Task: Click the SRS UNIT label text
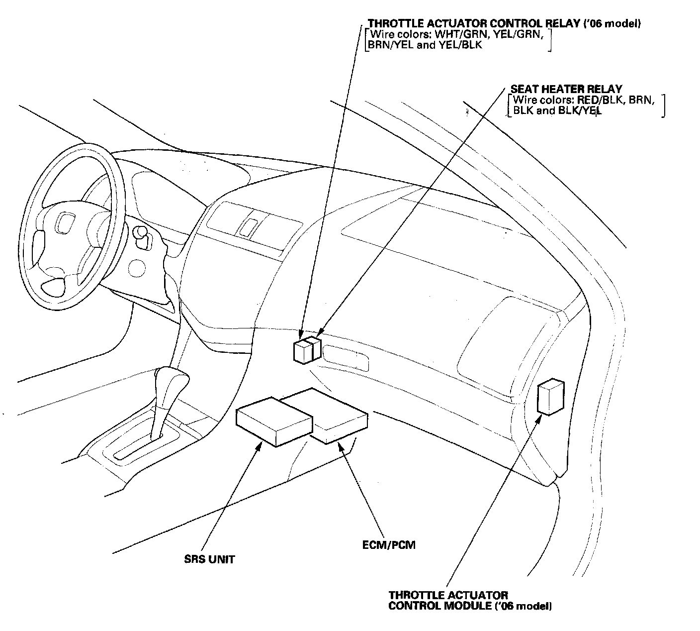(209, 559)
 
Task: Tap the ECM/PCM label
(389, 544)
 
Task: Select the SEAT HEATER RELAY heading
(566, 89)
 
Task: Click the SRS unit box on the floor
(273, 421)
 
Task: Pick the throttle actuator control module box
(550, 397)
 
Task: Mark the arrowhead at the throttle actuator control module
(538, 420)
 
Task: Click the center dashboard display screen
(247, 226)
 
